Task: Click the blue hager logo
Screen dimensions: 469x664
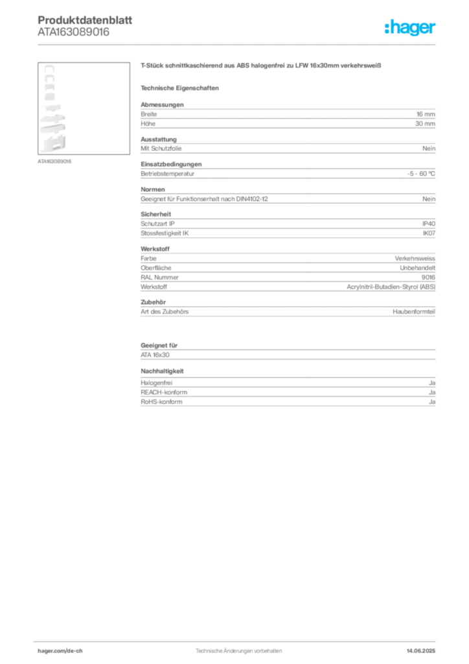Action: pos(411,28)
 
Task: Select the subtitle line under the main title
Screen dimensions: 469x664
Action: pos(181,88)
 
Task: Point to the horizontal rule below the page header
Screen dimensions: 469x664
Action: pos(238,44)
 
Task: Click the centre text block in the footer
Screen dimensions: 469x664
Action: pos(238,648)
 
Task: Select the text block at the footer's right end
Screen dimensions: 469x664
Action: pos(424,648)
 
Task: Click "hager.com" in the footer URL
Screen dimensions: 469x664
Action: pos(52,650)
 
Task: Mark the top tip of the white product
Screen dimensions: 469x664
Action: pos(49,66)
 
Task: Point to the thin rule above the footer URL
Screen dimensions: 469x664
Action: pos(238,641)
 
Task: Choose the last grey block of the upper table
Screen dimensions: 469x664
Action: pos(287,311)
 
